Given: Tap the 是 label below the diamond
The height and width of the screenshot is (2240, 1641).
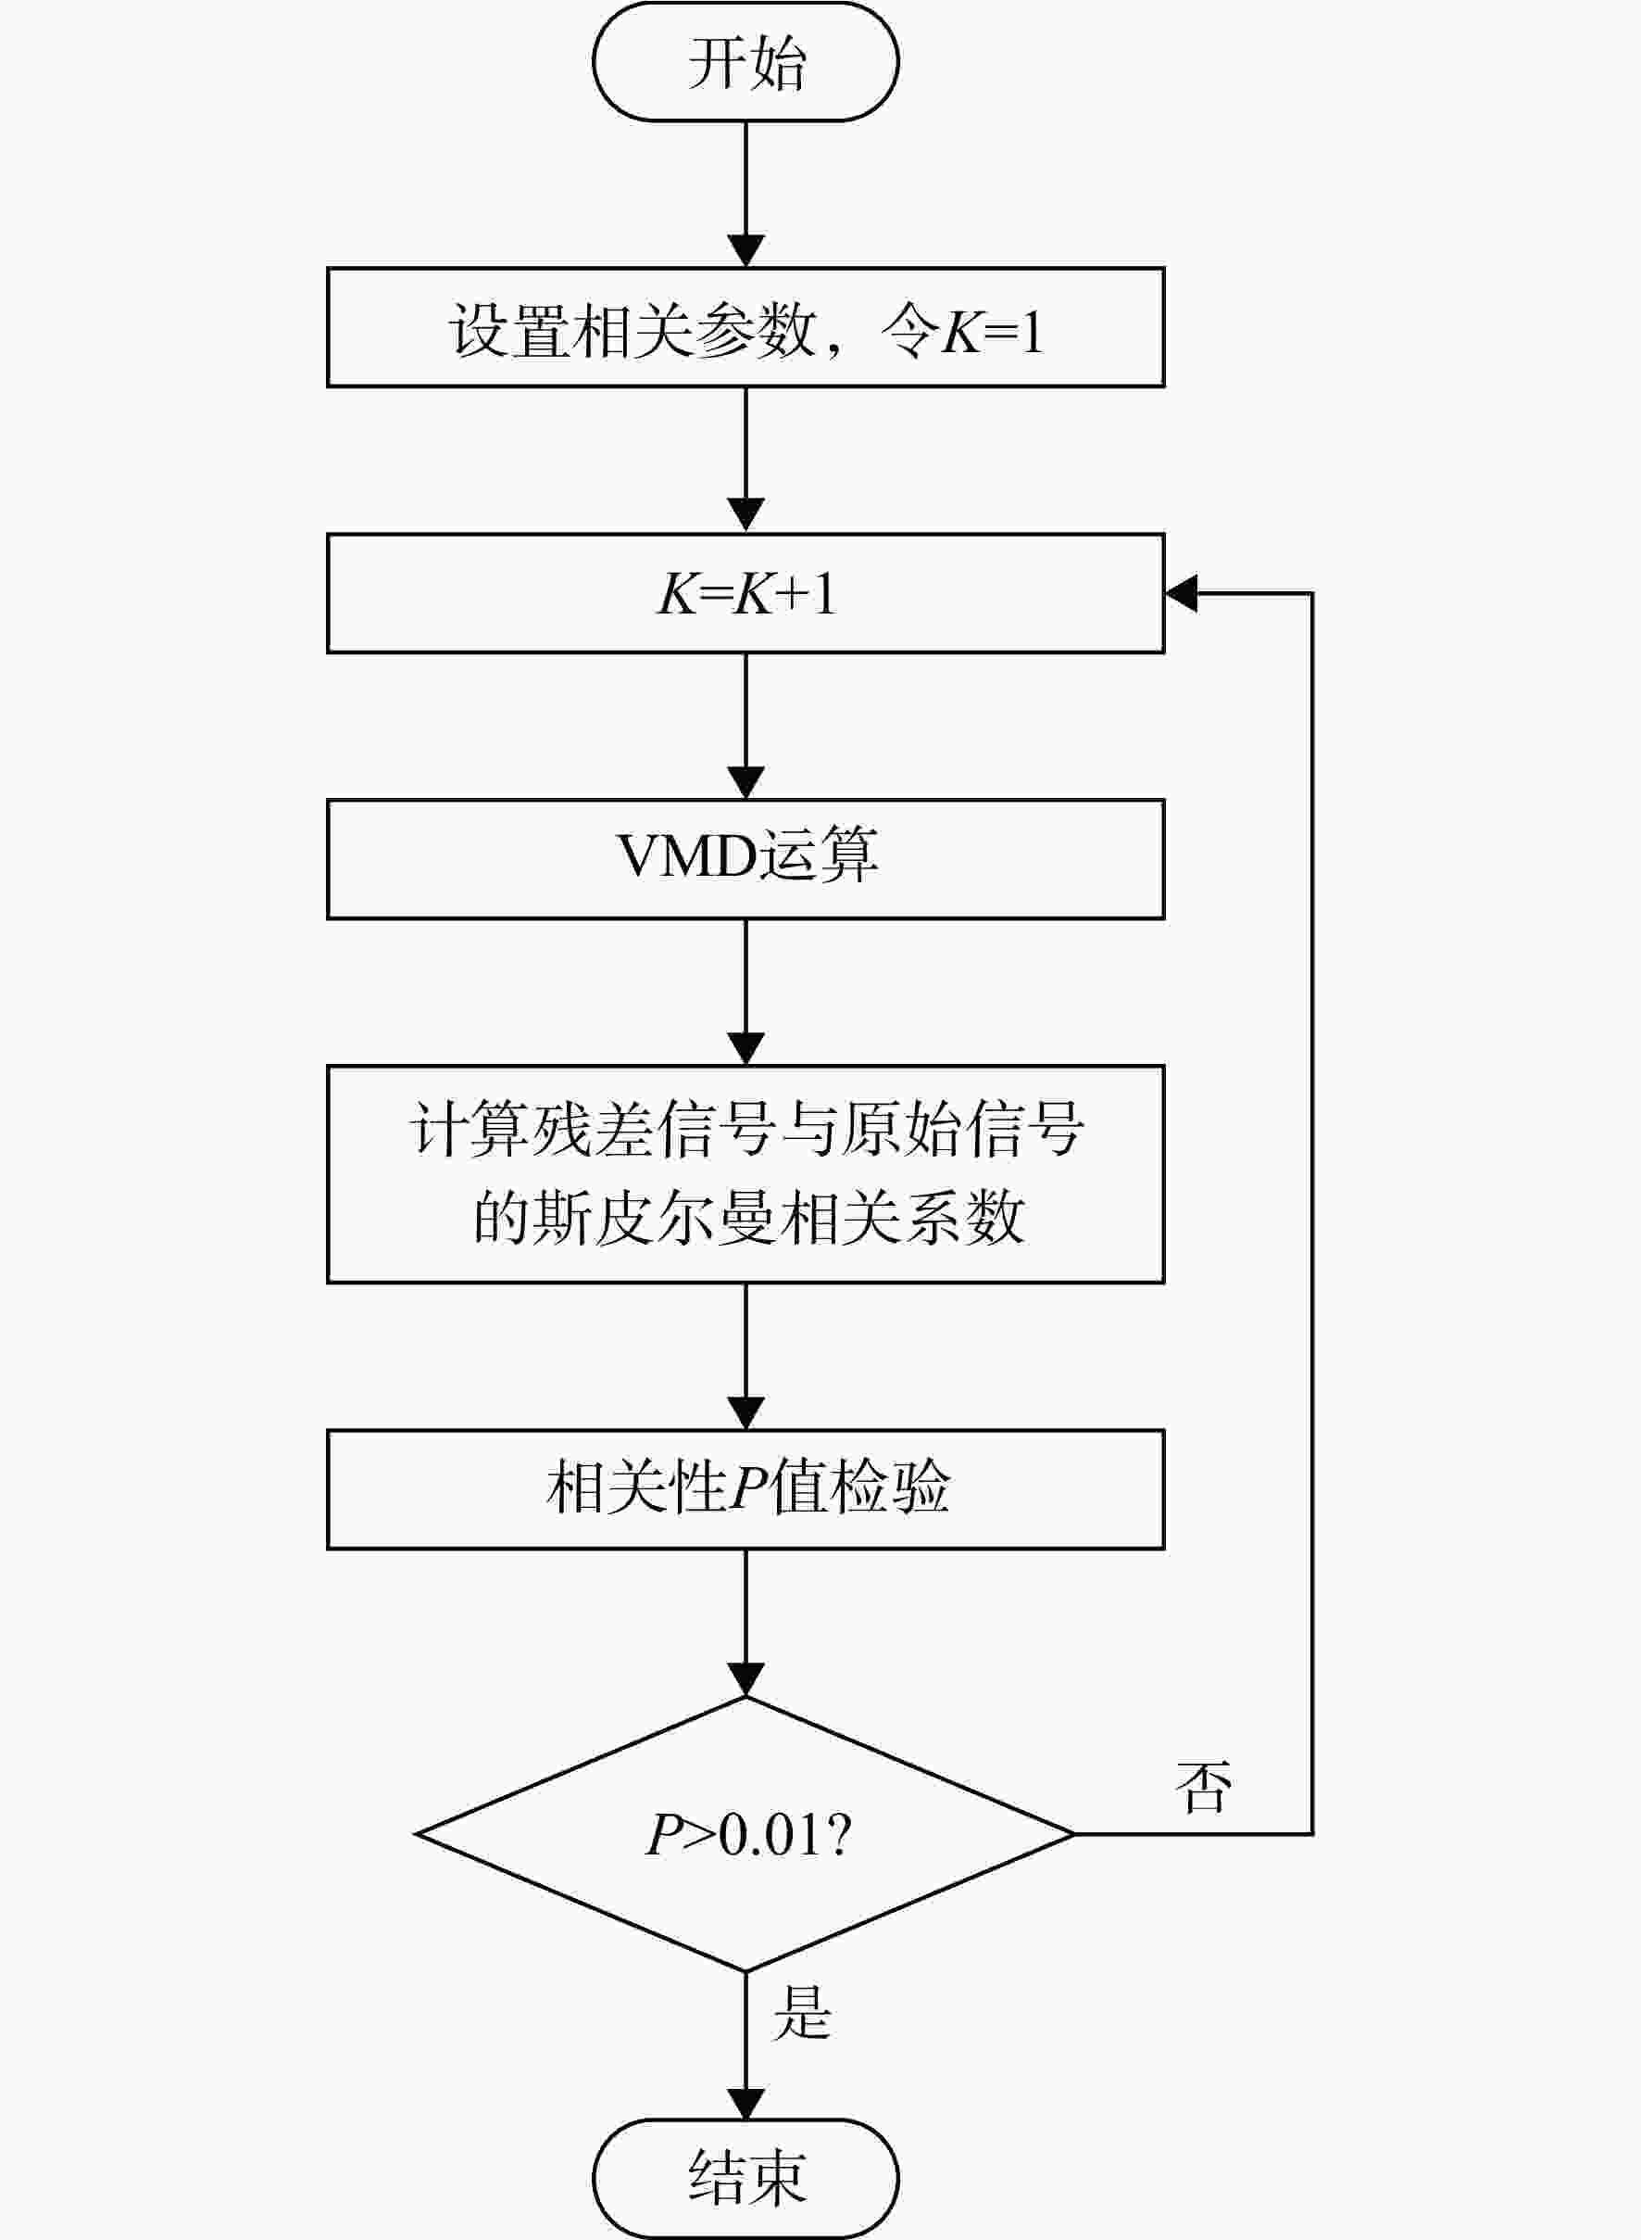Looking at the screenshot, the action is pyautogui.click(x=802, y=2012).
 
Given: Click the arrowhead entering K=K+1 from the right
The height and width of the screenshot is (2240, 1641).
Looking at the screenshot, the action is pyautogui.click(x=1182, y=593).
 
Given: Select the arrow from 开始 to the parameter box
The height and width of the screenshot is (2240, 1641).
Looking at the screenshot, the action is pyautogui.click(x=746, y=195).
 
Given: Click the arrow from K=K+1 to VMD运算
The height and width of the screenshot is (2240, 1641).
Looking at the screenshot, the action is pyautogui.click(x=746, y=727).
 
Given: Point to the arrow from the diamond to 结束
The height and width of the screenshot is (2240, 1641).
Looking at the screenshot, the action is pyautogui.click(x=746, y=2045).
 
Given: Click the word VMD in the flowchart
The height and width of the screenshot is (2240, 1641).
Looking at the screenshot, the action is pyautogui.click(x=686, y=854).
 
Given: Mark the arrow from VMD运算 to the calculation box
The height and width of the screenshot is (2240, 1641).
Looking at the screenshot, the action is pyautogui.click(x=746, y=993).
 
